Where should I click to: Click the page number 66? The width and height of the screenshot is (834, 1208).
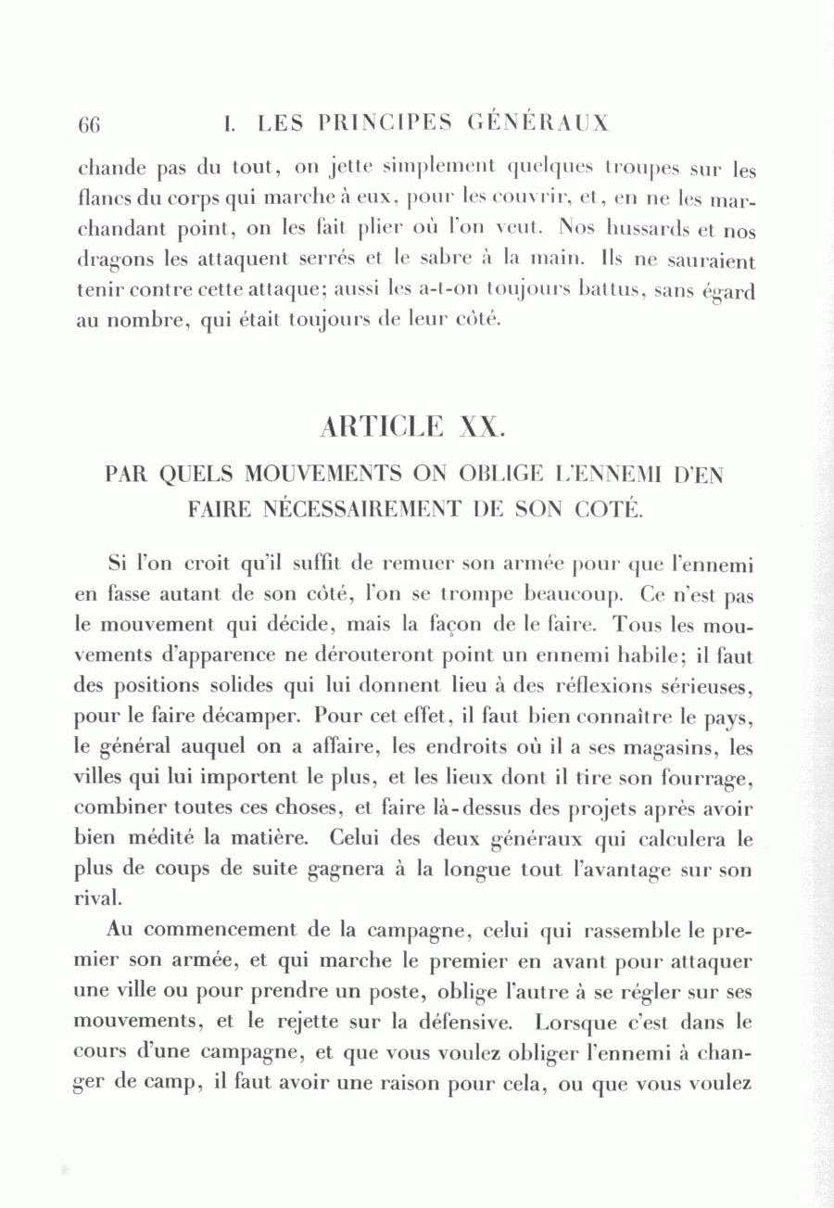(89, 125)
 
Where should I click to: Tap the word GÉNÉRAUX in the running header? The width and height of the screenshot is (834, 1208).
(538, 123)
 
